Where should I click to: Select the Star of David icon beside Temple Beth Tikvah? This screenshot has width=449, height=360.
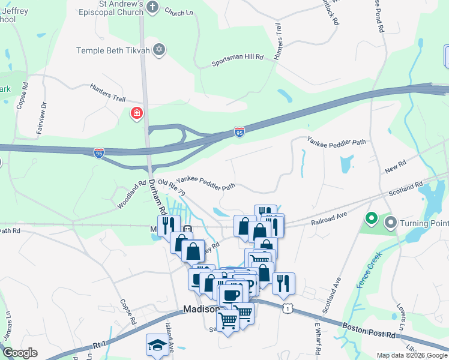pos(159,49)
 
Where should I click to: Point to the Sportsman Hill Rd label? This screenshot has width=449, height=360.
pos(237,61)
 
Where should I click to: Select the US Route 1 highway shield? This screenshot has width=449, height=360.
pos(289,308)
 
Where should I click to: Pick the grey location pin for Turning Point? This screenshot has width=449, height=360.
pos(391,223)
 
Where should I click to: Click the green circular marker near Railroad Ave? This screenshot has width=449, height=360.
pos(371,219)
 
